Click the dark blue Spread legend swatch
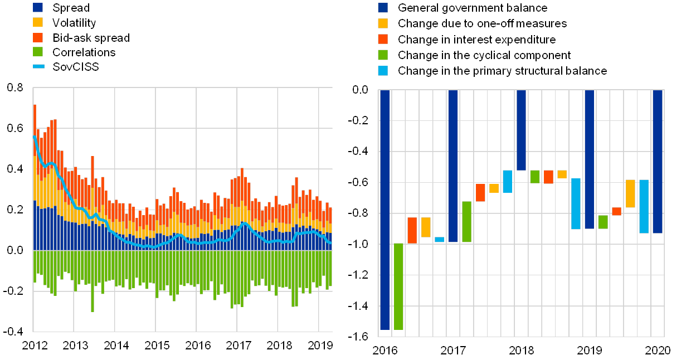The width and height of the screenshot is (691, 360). point(38,8)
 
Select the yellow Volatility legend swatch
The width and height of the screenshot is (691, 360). point(38,23)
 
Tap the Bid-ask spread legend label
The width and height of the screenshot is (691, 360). point(90,38)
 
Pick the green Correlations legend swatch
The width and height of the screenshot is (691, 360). point(38,52)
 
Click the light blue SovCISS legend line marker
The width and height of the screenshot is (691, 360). point(38,67)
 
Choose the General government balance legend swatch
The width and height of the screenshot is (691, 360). point(383,8)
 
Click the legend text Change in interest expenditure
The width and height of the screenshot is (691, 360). point(476,40)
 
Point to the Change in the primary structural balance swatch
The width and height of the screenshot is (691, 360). point(383,71)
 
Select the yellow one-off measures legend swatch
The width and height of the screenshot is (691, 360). point(383,23)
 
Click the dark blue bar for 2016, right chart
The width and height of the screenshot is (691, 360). point(385,210)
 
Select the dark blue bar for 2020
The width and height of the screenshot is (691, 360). point(658,162)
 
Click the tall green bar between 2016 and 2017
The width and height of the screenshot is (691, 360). point(398,286)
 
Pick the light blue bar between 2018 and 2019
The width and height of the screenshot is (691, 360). point(576,204)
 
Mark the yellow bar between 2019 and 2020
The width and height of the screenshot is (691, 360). point(630,193)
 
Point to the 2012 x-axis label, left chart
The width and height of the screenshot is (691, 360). point(35,346)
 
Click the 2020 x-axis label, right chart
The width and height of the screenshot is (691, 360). point(658,351)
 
